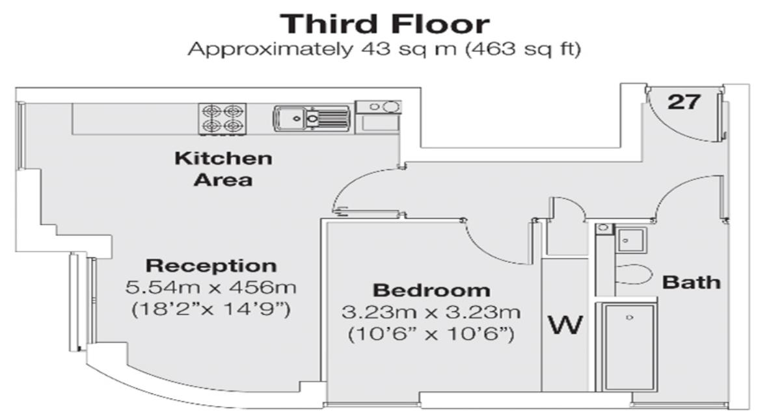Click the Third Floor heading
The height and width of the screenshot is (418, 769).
(384, 24)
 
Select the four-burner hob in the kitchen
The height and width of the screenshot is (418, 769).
(223, 119)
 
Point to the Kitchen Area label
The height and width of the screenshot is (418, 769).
(223, 168)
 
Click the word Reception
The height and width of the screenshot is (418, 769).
(211, 265)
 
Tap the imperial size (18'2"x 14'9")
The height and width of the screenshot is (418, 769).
(211, 308)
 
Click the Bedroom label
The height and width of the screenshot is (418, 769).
(431, 290)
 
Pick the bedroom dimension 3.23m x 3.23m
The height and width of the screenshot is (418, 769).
(431, 312)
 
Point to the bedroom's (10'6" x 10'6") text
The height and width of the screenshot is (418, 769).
(431, 334)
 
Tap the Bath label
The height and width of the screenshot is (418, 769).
(691, 282)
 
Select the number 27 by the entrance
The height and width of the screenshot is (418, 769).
(684, 101)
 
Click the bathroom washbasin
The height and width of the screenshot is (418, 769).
(629, 240)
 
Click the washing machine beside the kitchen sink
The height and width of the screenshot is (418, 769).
(378, 115)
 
